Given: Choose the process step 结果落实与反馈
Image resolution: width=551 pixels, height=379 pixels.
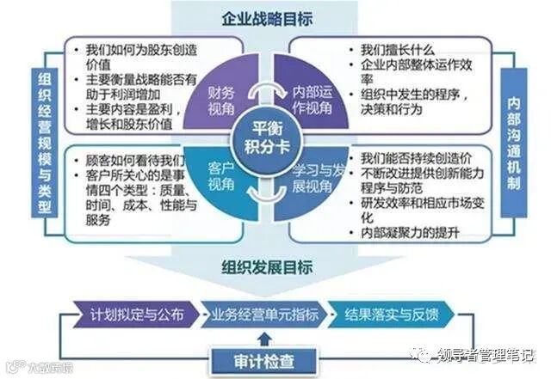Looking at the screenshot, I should (398, 314).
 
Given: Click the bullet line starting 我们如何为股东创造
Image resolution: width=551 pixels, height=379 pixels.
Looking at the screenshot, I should (133, 49).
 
